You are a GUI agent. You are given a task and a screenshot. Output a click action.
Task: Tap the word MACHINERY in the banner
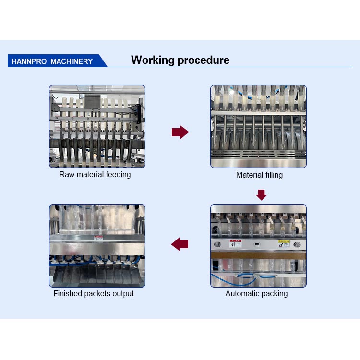[72, 61]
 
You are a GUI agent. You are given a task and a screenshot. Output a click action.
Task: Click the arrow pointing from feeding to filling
[180, 132]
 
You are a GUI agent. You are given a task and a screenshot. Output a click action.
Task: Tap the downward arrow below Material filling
[261, 194]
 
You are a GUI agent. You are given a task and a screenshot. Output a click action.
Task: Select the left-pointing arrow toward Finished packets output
[180, 244]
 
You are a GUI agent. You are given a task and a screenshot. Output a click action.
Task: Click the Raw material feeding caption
[95, 174]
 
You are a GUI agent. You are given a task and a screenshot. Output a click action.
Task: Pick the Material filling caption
[259, 175]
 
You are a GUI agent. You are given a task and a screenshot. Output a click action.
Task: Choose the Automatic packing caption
[257, 293]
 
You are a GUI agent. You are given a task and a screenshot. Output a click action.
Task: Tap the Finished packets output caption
[94, 293]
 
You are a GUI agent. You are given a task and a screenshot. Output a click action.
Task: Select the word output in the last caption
[123, 293]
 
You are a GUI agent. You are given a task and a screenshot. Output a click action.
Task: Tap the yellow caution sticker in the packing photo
[284, 243]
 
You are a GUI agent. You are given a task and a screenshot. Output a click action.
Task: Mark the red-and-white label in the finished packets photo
[98, 238]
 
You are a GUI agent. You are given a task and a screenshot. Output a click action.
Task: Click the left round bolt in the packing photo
[216, 244]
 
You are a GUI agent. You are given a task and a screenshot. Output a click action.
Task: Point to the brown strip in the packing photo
[258, 255]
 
